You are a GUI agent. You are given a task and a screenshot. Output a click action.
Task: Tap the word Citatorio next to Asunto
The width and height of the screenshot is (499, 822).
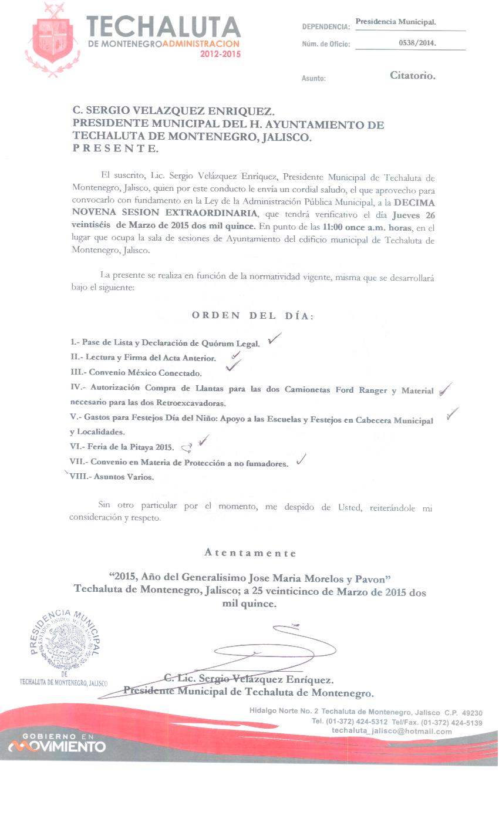pos(413,75)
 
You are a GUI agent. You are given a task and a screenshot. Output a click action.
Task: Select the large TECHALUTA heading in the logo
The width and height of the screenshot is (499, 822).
pos(163,27)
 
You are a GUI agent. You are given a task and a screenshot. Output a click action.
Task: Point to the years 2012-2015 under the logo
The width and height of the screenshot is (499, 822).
pos(220,54)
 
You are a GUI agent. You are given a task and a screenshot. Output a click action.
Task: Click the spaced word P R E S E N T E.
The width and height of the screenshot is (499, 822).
pos(115,149)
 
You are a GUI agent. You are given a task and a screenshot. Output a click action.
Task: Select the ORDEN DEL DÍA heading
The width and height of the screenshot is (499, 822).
pos(252,316)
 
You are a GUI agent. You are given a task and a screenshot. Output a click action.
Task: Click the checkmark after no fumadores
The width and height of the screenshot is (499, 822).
pos(302,460)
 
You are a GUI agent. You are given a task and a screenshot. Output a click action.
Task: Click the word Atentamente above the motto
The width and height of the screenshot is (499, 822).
pos(250,553)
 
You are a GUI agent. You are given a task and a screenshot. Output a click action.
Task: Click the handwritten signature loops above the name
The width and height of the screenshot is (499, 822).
pos(276,646)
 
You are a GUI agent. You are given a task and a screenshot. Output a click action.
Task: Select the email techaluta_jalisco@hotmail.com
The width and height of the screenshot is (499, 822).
pos(392,731)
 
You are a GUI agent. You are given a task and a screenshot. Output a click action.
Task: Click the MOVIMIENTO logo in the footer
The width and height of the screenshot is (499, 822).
pos(57,746)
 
